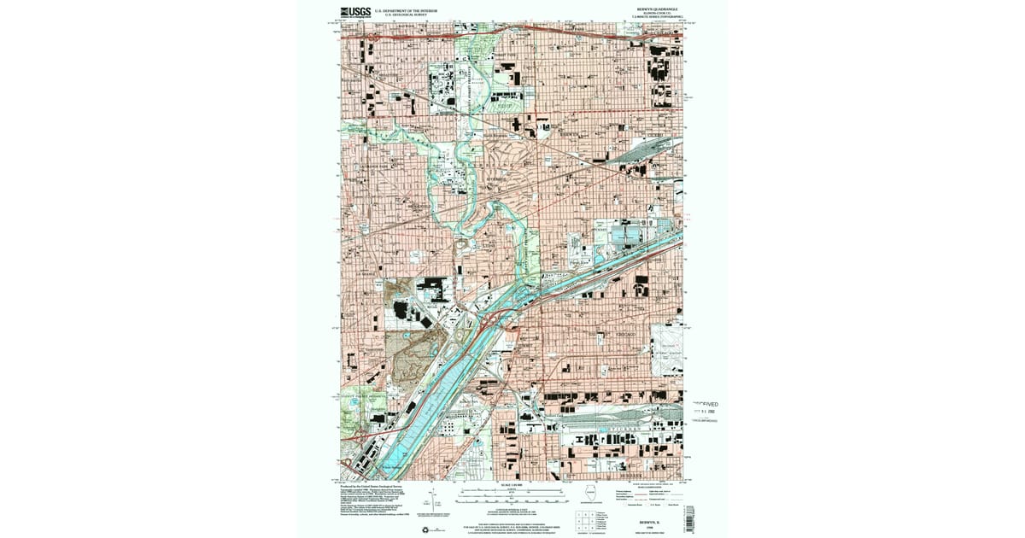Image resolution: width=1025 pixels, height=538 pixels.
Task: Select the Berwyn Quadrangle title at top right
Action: click(x=653, y=10)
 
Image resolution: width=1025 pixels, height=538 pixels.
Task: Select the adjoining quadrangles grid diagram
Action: click(x=584, y=518)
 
